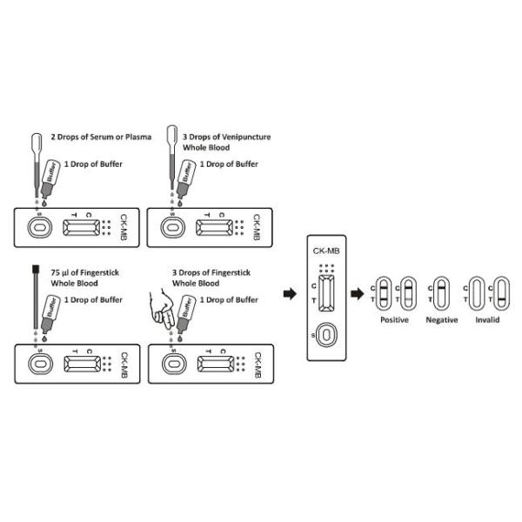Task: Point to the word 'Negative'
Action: pyautogui.click(x=441, y=320)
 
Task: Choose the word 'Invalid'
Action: pyautogui.click(x=487, y=320)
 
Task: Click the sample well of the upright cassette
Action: pyautogui.click(x=325, y=336)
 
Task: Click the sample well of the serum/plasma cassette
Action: pyautogui.click(x=38, y=228)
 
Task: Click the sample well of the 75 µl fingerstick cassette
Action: pyautogui.click(x=38, y=363)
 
